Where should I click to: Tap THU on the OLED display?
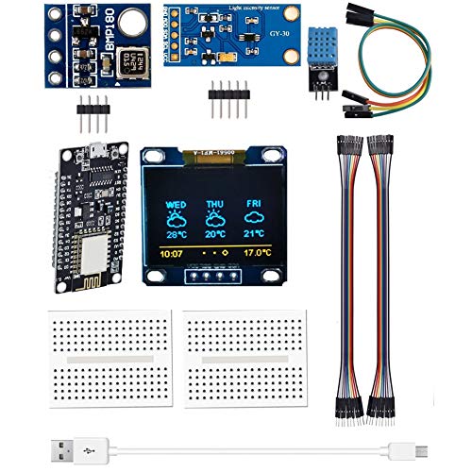[x=216, y=203]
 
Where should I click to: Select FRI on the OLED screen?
[x=254, y=203]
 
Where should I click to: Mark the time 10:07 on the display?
[x=170, y=253]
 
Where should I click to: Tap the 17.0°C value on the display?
[x=255, y=253]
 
